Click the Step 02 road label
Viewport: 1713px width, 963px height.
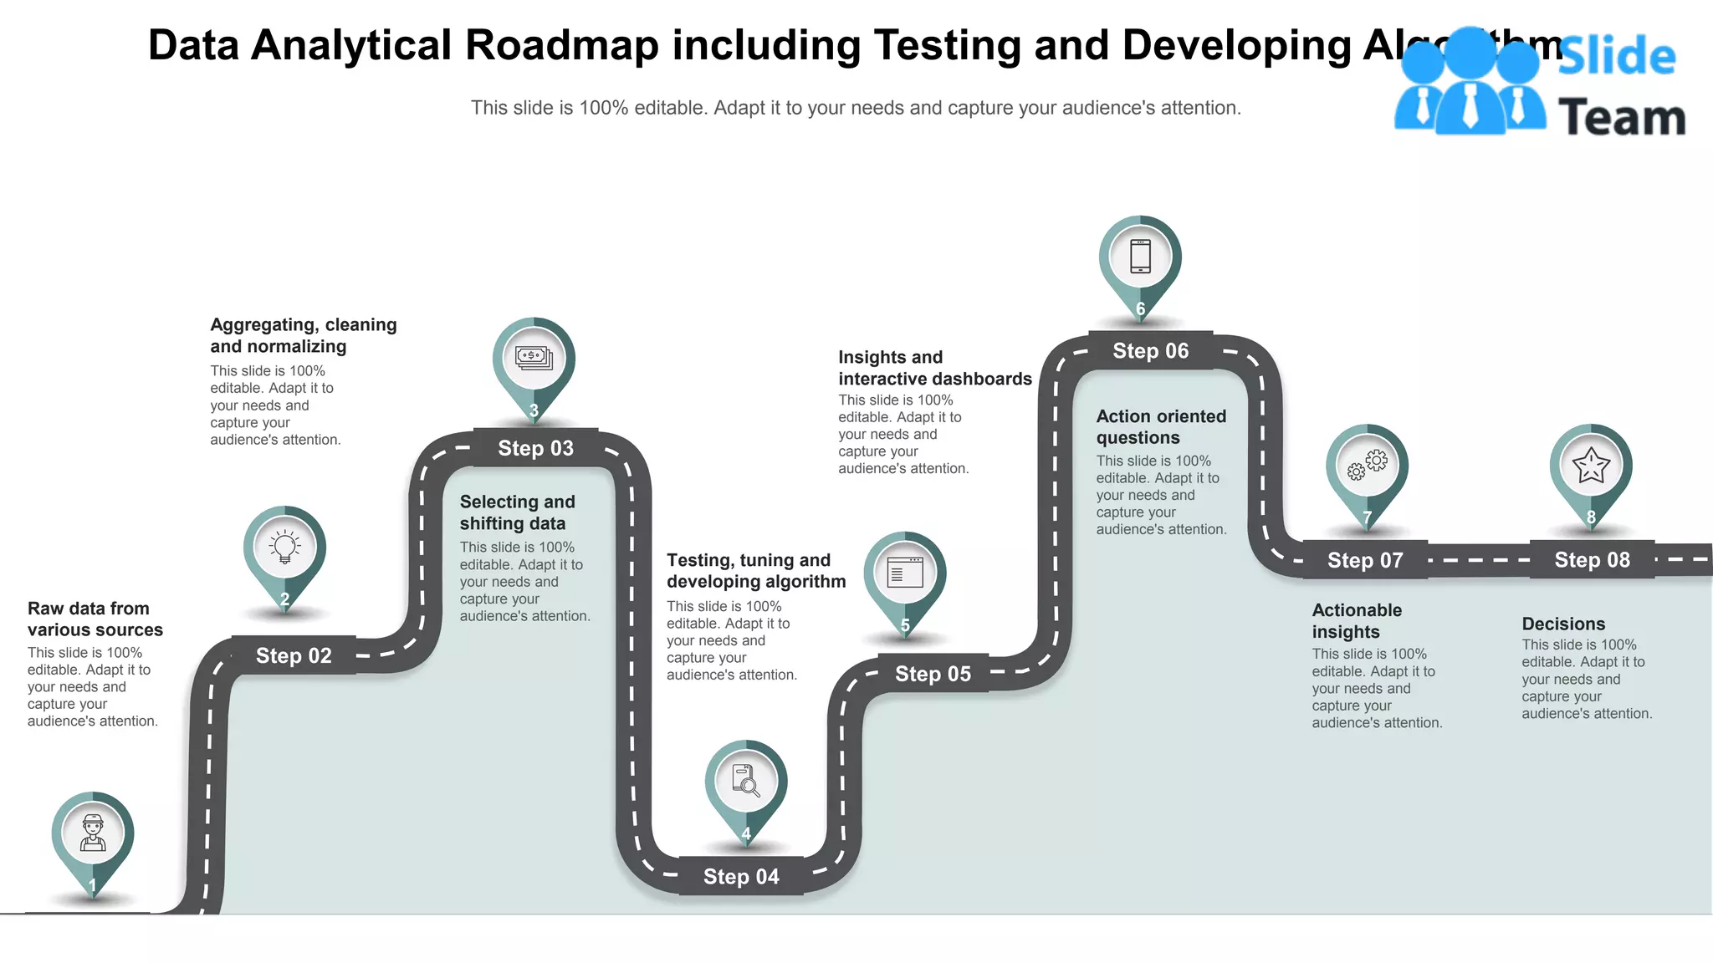point(294,655)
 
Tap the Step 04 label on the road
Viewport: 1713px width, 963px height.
point(741,876)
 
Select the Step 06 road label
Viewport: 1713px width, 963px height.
point(1150,351)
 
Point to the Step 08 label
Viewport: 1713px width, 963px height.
point(1592,560)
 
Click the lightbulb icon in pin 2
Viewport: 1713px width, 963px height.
point(284,547)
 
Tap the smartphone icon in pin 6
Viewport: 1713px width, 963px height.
point(1140,256)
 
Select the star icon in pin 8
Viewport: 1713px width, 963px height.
point(1591,465)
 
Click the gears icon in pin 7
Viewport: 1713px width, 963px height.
point(1367,465)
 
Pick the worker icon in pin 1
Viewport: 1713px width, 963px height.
point(93,833)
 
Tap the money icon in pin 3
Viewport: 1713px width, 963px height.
point(534,358)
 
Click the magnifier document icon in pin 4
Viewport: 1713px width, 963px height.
point(745,781)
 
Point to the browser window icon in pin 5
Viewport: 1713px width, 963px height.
point(905,573)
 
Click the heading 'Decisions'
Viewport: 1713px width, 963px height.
point(1563,624)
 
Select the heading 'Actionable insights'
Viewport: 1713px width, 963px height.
point(1357,621)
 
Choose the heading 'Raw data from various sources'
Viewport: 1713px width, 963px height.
point(95,619)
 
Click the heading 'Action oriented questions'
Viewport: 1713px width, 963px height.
point(1161,427)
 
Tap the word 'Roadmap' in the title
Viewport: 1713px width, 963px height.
point(561,45)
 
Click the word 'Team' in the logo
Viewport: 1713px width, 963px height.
point(1621,118)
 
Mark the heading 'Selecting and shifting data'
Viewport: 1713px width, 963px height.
point(517,512)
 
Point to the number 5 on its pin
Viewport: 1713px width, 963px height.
point(905,625)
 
